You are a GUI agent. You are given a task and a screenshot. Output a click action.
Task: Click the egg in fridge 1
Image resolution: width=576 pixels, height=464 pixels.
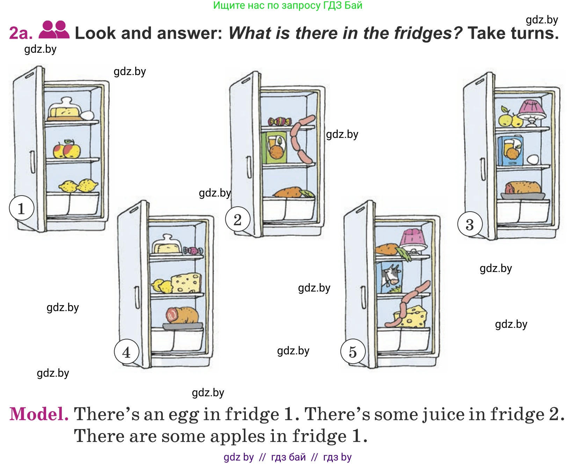point(87,115)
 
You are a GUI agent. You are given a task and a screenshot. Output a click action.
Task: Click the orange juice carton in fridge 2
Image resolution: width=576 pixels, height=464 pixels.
point(274,147)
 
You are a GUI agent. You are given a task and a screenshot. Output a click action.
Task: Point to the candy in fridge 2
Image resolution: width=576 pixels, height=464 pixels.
point(279,121)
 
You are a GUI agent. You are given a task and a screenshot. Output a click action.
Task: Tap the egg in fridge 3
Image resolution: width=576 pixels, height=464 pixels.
point(533,160)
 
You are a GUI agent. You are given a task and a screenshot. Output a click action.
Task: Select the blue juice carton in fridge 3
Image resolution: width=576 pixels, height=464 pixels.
point(510,150)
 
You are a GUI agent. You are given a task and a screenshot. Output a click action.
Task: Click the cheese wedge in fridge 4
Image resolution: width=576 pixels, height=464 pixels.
point(187,283)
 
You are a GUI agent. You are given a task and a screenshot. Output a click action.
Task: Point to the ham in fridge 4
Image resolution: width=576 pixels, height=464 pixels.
point(182,315)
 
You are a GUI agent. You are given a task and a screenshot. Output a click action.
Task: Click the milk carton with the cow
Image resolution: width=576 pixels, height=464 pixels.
point(389,277)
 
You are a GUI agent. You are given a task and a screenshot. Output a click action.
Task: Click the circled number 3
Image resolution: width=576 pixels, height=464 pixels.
point(470,224)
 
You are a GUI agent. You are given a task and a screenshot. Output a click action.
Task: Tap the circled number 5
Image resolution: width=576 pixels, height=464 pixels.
point(353,352)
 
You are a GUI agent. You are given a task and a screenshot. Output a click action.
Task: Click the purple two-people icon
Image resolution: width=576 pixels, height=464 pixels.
point(54,30)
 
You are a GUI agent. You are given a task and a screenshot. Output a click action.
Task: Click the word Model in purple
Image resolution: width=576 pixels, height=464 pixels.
point(39,414)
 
